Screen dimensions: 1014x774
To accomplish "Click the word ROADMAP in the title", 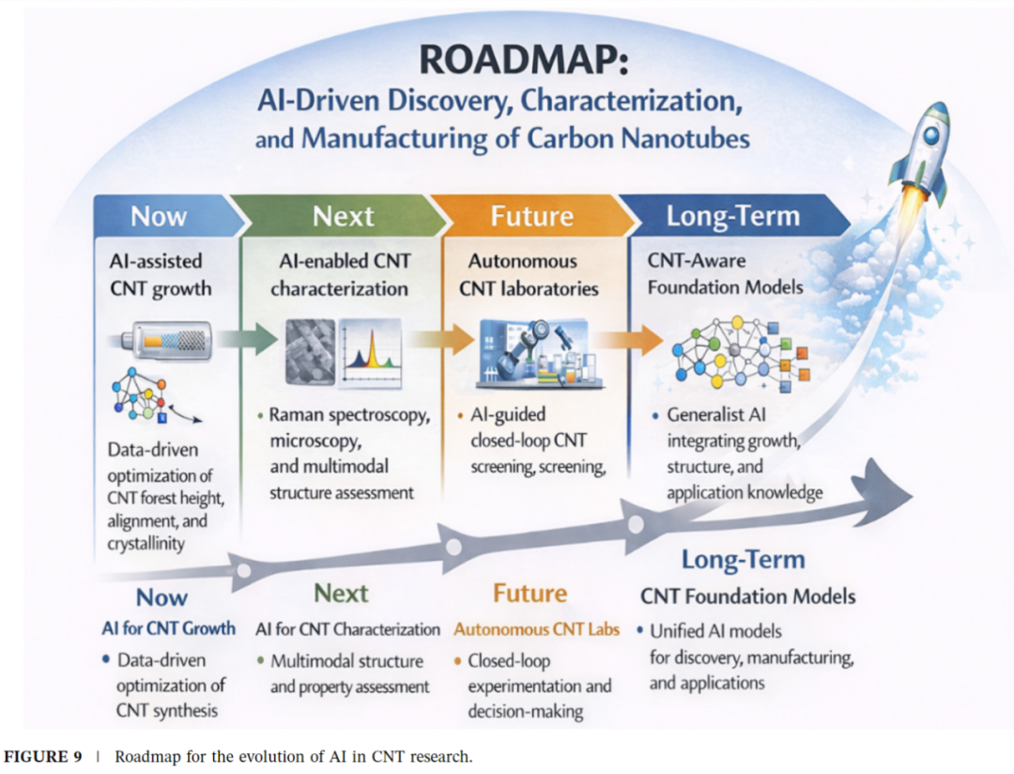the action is pyautogui.click(x=524, y=59).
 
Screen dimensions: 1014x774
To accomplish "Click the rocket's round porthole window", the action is pyautogui.click(x=930, y=135).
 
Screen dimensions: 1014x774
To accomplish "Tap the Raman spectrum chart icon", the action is pyautogui.click(x=370, y=353).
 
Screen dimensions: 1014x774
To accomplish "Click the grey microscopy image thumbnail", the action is pyautogui.click(x=311, y=353).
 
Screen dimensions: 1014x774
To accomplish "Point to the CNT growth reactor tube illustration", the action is pyautogui.click(x=167, y=340).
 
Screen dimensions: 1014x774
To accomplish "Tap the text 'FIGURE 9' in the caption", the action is pyautogui.click(x=43, y=756).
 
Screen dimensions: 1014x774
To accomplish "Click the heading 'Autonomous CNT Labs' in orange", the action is pyautogui.click(x=536, y=629).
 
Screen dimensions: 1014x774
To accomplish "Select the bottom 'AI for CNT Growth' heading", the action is pyautogui.click(x=169, y=627).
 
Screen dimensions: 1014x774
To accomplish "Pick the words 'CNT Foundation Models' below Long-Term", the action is pyautogui.click(x=748, y=596).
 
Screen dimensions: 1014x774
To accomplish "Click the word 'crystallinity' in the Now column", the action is pyautogui.click(x=146, y=544).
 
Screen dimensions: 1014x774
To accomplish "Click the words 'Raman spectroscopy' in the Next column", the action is pyautogui.click(x=350, y=415).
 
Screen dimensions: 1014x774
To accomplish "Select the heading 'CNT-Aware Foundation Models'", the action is pyautogui.click(x=726, y=273).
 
